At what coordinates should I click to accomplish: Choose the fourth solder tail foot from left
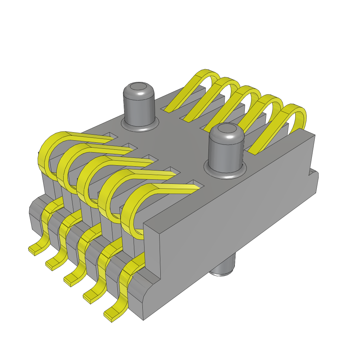(91, 297)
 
